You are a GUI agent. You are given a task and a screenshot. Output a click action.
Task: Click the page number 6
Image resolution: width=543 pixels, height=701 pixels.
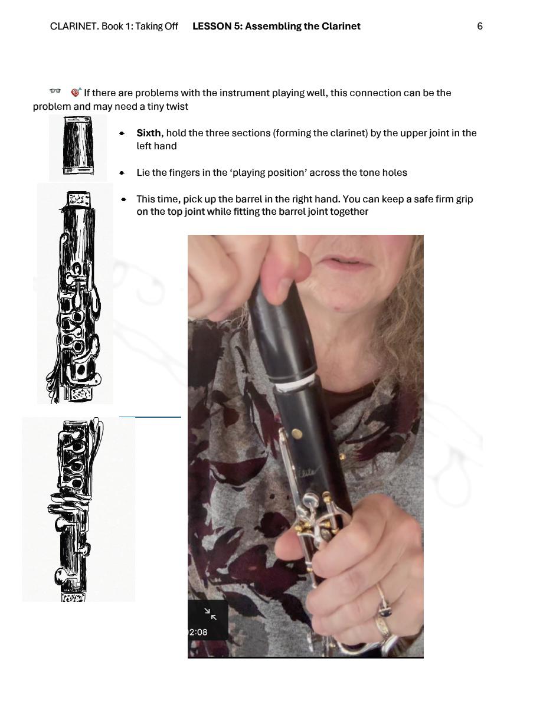(x=479, y=27)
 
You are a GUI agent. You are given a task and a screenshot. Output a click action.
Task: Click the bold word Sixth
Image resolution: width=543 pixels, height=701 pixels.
(x=149, y=133)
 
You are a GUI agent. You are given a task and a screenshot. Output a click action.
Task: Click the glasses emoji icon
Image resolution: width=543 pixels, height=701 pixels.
(x=55, y=91)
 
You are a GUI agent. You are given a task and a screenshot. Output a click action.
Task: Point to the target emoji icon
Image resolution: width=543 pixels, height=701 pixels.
(x=76, y=92)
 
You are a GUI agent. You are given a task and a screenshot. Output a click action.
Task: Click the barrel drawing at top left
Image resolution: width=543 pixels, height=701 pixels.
(x=78, y=145)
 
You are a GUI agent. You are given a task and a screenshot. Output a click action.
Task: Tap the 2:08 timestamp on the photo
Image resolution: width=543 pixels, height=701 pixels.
(x=198, y=632)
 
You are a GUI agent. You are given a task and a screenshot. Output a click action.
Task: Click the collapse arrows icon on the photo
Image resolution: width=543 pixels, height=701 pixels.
(x=210, y=614)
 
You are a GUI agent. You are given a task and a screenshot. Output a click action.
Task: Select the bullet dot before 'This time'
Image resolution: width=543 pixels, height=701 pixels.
(x=123, y=199)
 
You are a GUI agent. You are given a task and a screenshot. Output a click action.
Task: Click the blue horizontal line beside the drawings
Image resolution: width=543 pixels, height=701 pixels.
(x=150, y=417)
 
